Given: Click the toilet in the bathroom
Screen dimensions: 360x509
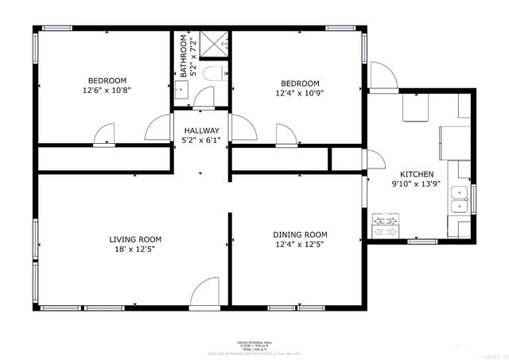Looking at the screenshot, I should [x=212, y=74].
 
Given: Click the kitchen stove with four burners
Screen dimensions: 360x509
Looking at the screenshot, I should [x=387, y=226].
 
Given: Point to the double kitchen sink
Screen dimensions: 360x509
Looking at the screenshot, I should [x=459, y=199].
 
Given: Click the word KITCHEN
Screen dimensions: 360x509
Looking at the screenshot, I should [x=416, y=174].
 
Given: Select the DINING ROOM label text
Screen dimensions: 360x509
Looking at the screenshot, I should [x=300, y=234].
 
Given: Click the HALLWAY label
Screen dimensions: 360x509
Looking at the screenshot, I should [x=201, y=130].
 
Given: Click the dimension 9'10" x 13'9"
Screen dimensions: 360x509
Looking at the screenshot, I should [x=416, y=184].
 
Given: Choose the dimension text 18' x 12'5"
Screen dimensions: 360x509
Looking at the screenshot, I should [x=136, y=250].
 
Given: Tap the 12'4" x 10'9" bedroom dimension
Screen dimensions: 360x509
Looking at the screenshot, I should [x=300, y=94].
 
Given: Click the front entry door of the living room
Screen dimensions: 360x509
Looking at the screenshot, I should [x=205, y=292].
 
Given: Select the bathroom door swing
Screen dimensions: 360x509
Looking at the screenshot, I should [x=204, y=98].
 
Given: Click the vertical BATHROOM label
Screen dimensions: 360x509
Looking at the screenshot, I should [x=184, y=56].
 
